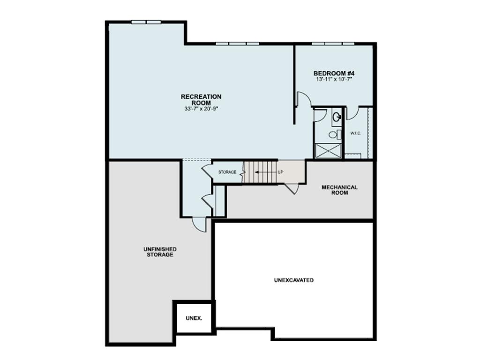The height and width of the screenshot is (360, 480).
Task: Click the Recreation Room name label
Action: [201, 99]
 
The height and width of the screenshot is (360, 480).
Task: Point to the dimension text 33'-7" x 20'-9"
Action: [202, 109]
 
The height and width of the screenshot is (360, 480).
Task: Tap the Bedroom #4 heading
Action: [334, 74]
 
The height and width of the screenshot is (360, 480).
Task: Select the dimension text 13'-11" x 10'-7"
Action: [334, 80]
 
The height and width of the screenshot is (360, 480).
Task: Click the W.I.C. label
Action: [355, 133]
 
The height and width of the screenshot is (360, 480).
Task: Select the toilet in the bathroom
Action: [333, 135]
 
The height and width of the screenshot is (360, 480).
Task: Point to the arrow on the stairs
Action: [263, 172]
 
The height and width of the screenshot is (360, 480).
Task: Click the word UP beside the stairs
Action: [280, 172]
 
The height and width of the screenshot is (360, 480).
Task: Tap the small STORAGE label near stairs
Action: [227, 172]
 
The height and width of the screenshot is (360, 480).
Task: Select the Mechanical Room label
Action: [339, 189]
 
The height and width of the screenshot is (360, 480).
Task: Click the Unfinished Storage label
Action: [160, 252]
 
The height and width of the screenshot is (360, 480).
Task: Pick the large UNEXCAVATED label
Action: [293, 280]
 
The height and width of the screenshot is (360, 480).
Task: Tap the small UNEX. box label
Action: [194, 318]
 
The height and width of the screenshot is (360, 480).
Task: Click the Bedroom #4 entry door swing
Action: [302, 99]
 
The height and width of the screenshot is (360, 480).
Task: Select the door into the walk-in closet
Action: [352, 112]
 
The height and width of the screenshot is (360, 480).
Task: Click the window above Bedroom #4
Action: [333, 44]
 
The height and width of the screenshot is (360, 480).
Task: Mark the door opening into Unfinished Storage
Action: [199, 224]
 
